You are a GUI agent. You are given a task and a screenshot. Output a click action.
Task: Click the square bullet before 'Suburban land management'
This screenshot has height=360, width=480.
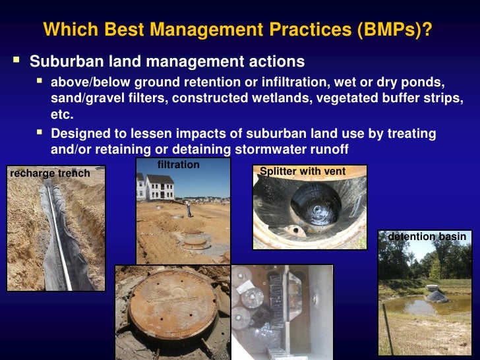(17, 61)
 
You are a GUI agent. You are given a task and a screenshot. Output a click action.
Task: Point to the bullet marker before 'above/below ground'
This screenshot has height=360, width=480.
(40, 82)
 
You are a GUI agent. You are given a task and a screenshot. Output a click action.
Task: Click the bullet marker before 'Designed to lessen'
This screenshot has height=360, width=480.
(40, 133)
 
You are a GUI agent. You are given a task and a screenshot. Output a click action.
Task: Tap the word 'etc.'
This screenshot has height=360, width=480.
(63, 114)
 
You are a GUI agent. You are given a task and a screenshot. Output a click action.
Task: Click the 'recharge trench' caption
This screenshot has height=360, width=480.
(50, 173)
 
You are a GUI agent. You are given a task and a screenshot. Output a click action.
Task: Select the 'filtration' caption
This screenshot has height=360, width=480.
(179, 164)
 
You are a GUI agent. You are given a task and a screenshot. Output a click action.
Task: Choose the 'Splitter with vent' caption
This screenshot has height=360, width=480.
(303, 171)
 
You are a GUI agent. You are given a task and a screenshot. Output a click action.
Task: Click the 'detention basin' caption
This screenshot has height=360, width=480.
(427, 237)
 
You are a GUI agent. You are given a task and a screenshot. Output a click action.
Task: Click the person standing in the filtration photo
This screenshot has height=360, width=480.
(190, 208)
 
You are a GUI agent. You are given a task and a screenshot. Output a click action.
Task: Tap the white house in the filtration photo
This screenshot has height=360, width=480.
(159, 187)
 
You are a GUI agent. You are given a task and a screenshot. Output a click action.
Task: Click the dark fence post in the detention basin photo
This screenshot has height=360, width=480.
(389, 330)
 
